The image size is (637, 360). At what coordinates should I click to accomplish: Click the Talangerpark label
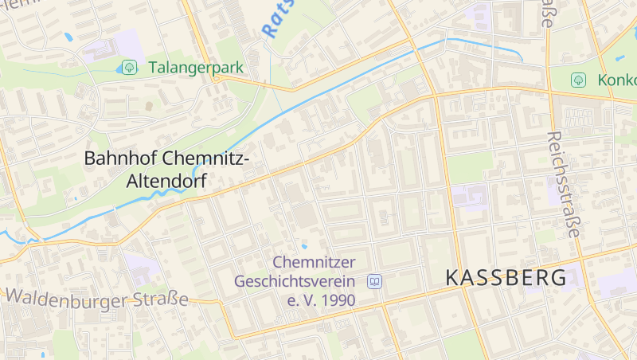194,68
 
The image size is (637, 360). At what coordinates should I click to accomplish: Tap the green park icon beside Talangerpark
128,68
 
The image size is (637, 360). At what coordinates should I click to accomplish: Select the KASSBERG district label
506,277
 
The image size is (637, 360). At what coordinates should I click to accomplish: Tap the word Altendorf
166,182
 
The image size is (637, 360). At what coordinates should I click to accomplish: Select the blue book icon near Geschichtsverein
374,281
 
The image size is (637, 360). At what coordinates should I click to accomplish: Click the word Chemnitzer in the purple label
314,262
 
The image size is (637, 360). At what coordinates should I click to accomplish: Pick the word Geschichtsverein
295,281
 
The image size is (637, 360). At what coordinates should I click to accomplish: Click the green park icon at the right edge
579,80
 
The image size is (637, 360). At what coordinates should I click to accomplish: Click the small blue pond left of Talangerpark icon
119,69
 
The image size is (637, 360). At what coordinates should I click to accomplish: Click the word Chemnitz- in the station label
209,158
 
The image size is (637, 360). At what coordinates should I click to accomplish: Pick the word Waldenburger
67,299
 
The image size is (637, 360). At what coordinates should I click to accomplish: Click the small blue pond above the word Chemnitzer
303,246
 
